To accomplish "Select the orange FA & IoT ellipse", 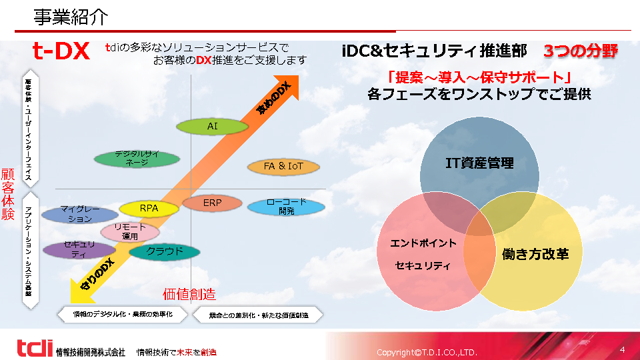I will coord(283,167).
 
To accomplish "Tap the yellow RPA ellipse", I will coord(149,209).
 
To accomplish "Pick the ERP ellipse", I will coord(212,202).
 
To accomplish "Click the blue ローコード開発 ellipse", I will coord(286,207).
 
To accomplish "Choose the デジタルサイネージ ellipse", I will coord(137,159).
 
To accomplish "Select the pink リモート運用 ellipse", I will coord(130,232).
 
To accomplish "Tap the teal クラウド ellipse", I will coord(164,252).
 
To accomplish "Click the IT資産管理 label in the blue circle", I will coord(479,163).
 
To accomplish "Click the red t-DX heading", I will coord(61,52).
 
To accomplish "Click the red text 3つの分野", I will coord(580,51).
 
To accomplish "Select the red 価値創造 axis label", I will coord(189,294).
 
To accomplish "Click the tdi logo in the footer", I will coord(34,347).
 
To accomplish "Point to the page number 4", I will coord(623,349).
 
